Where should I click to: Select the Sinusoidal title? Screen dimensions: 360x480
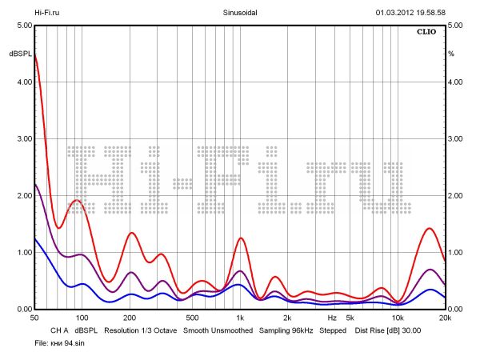coord(239,13)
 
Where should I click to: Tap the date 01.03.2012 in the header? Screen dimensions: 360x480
coord(398,13)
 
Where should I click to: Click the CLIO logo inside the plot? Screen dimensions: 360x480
coord(427,33)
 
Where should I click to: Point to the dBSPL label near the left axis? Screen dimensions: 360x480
coord(19,54)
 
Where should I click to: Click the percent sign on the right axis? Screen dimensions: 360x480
coord(451,54)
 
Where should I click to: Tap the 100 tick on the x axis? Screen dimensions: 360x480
coord(80,318)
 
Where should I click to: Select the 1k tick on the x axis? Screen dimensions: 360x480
coord(239,318)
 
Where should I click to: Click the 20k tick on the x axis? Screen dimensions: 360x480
coord(445,318)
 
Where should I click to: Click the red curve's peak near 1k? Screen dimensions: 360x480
coord(241,238)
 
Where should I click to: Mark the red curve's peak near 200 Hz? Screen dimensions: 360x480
coord(132,233)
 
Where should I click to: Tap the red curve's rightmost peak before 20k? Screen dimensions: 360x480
coord(430,228)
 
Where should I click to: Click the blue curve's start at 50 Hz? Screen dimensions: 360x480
coord(35,239)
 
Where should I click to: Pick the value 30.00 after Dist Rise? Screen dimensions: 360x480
coord(410,330)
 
